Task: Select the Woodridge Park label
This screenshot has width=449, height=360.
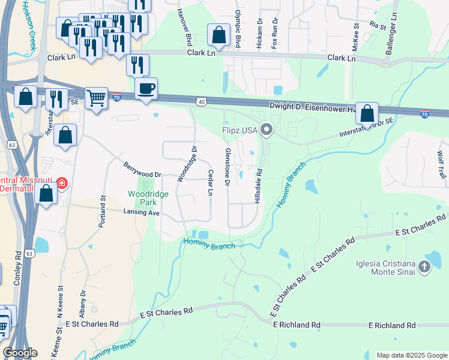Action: [x=148, y=197]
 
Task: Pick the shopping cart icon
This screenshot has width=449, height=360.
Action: [x=96, y=98]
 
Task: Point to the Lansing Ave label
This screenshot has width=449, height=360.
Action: [x=141, y=212]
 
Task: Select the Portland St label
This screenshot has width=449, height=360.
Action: [x=103, y=211]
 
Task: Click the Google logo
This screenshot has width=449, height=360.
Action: [x=20, y=352]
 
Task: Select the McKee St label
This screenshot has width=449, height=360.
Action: [x=355, y=34]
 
